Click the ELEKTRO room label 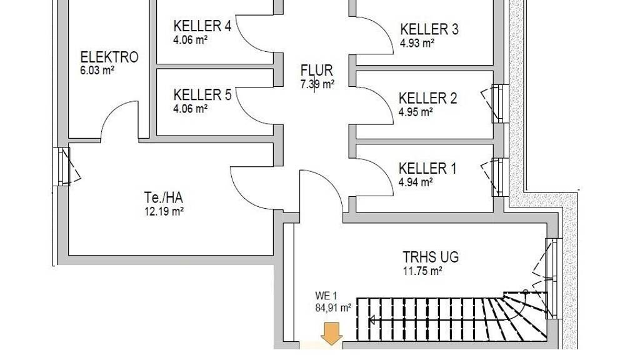pyautogui.click(x=109, y=57)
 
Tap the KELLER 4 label pyautogui.click(x=202, y=26)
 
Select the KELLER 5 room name pyautogui.click(x=202, y=95)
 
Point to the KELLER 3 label pyautogui.click(x=429, y=29)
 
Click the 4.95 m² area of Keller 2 pyautogui.click(x=416, y=112)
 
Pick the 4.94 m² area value pyautogui.click(x=416, y=182)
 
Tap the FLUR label pyautogui.click(x=317, y=71)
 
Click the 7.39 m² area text pyautogui.click(x=317, y=84)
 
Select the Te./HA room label pyautogui.click(x=164, y=198)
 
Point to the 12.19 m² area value pyautogui.click(x=164, y=211)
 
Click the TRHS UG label pyautogui.click(x=431, y=257)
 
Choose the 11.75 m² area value pyautogui.click(x=423, y=271)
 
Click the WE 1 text pyautogui.click(x=326, y=296)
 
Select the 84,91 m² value pyautogui.click(x=333, y=307)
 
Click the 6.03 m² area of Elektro pyautogui.click(x=97, y=70)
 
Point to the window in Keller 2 pyautogui.click(x=496, y=104)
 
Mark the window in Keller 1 pyautogui.click(x=496, y=177)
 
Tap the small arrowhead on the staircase pyautogui.click(x=372, y=320)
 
